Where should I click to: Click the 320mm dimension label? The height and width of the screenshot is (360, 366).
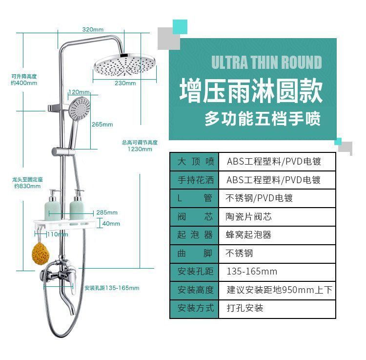[x=93, y=29]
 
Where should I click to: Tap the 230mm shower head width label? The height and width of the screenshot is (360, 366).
[x=125, y=83]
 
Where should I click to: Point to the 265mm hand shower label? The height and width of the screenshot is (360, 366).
[x=102, y=124]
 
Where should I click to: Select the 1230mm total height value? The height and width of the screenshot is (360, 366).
[x=140, y=149]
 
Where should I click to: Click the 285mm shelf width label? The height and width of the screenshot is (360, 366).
[x=107, y=212]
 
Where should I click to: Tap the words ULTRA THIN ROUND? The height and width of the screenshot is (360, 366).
[x=266, y=63]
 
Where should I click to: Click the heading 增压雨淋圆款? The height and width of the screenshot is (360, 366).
[x=250, y=91]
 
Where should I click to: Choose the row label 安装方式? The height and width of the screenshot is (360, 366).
[x=196, y=308]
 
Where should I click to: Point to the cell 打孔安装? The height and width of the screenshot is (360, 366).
[x=245, y=308]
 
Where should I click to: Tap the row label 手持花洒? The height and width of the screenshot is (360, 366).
[x=196, y=180]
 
